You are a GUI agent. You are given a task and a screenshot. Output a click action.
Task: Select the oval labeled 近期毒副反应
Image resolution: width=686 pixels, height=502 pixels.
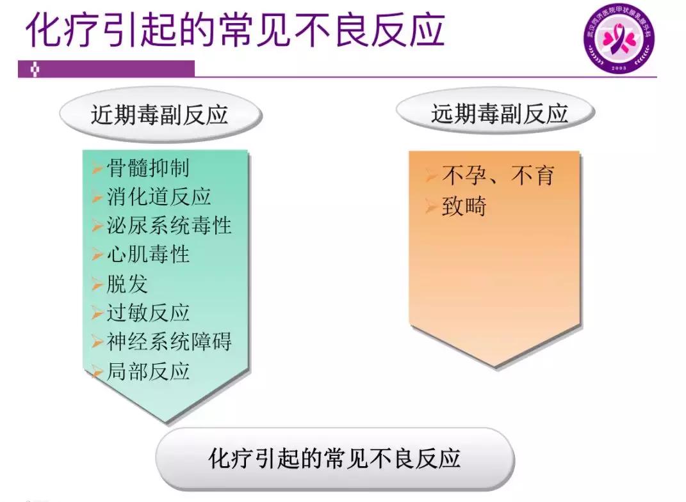click(x=159, y=115)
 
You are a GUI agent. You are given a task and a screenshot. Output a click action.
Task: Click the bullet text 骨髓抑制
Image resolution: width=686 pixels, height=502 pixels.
click(x=147, y=168)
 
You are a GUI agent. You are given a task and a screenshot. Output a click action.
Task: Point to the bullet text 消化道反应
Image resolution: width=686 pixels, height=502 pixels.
click(x=158, y=197)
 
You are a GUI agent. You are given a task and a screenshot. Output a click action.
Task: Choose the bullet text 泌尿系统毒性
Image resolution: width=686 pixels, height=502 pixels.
click(x=168, y=225)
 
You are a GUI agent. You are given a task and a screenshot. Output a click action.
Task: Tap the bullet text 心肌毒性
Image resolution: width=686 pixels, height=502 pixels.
click(x=147, y=254)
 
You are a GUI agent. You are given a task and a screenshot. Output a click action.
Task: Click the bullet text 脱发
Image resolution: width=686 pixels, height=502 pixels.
click(x=127, y=284)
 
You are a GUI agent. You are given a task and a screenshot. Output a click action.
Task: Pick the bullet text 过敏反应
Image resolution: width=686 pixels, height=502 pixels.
click(x=147, y=313)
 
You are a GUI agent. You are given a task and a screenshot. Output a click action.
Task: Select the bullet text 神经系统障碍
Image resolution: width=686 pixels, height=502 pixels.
click(x=168, y=341)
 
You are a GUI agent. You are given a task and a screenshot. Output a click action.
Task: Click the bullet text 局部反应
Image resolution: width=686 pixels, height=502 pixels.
click(x=147, y=371)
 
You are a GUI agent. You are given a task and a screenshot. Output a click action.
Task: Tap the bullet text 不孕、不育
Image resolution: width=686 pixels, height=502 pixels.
click(x=497, y=176)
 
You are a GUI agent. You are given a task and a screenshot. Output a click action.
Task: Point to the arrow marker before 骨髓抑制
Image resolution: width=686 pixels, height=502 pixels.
click(x=97, y=169)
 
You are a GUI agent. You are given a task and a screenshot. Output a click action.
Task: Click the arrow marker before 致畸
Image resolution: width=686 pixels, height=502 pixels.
click(x=431, y=207)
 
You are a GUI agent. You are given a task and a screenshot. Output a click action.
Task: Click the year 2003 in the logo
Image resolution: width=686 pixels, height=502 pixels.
click(x=619, y=67)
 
